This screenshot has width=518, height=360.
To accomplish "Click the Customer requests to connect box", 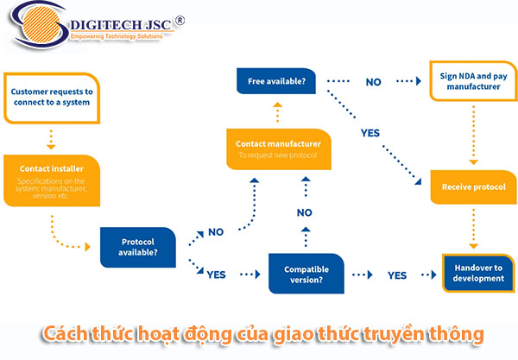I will click(x=53, y=97).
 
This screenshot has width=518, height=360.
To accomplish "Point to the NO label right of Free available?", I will click(x=374, y=83).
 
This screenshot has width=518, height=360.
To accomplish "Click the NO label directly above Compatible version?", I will click(x=305, y=212).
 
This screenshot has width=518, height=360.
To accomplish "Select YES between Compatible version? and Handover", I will click(x=397, y=275).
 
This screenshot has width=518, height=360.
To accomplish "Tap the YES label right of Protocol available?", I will click(x=217, y=274).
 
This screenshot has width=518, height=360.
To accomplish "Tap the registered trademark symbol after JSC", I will click(x=179, y=19).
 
